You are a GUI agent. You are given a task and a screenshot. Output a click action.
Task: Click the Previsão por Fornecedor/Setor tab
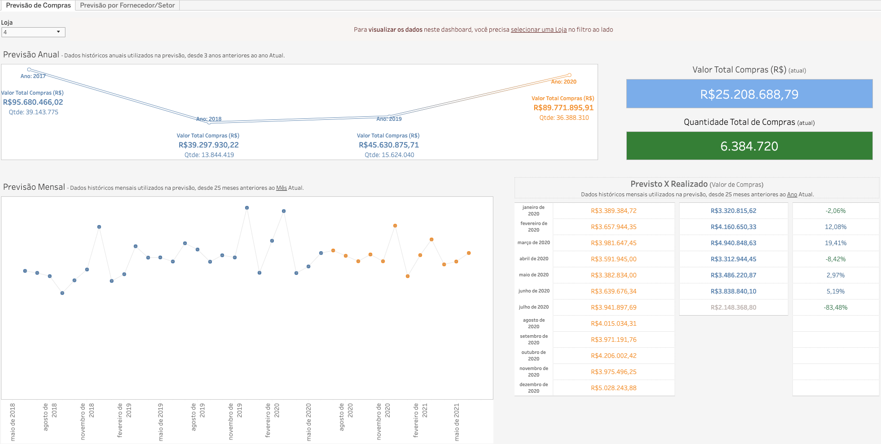[127, 5]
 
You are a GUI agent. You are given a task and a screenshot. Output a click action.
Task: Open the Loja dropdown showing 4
[33, 32]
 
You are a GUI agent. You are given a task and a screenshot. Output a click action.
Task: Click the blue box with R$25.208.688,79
[749, 94]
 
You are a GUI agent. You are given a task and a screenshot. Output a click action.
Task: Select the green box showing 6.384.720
[749, 146]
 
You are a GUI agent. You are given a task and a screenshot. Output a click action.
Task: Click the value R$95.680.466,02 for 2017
[33, 102]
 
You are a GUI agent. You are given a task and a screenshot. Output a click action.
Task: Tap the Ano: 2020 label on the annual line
[563, 82]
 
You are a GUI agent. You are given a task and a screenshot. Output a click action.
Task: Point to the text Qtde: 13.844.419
[209, 155]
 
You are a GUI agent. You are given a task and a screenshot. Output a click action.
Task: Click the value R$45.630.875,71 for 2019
[389, 145]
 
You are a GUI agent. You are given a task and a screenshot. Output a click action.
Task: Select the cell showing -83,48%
[835, 308]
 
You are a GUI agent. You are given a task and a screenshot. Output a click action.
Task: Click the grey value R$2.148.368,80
[733, 308]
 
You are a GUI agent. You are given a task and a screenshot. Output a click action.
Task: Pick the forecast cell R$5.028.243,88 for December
[613, 388]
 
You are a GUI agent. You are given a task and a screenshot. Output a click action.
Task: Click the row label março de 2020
[534, 243]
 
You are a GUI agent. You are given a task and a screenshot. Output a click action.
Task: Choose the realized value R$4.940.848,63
[733, 243]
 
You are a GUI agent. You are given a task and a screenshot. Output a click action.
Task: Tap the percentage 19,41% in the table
[835, 243]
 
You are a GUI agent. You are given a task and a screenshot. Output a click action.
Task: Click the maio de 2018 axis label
[13, 421]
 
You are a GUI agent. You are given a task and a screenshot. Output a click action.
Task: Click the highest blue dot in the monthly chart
[247, 207]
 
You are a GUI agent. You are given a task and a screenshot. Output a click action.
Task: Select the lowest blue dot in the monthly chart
[62, 293]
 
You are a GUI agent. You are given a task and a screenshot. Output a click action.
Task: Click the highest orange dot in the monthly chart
[395, 226]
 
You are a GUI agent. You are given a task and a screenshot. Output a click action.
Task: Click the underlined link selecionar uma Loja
[539, 30]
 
